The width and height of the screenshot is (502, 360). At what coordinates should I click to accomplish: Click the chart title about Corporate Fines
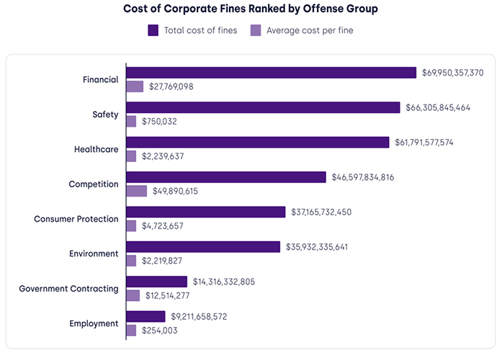coord(251,9)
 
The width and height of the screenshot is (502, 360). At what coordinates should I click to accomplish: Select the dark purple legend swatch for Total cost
coord(153,30)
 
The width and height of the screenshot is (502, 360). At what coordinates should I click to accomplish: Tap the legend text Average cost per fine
coord(310,30)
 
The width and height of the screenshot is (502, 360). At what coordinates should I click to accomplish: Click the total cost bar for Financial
coord(272,73)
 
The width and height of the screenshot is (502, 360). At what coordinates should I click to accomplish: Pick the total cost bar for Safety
coord(263,107)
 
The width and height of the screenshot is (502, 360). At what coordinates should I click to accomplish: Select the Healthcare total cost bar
coord(258,142)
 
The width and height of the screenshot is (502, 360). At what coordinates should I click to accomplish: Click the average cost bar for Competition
coord(136,191)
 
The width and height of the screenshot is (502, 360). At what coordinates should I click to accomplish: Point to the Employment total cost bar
coord(146,316)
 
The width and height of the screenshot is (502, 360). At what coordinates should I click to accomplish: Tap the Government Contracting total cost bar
coord(156,282)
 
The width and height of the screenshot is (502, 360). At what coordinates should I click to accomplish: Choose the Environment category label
coord(94,253)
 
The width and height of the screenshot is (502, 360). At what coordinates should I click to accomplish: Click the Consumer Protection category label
coord(76,219)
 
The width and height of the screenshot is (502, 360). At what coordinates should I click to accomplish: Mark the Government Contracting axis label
coord(68,289)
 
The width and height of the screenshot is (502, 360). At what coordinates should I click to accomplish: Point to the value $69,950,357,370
coord(452,73)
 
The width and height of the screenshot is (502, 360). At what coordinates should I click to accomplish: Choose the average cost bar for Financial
coord(135,86)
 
